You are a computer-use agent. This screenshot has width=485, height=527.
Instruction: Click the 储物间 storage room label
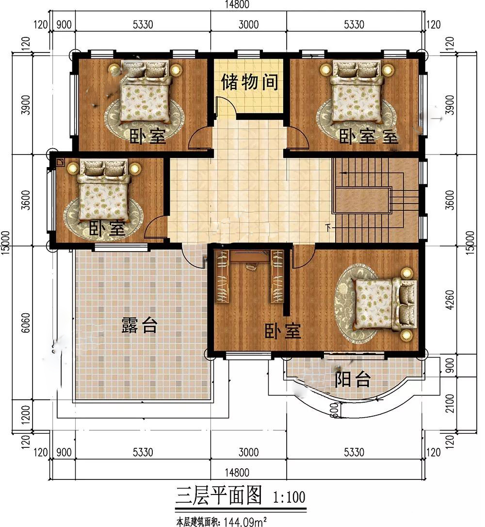(x=249, y=82)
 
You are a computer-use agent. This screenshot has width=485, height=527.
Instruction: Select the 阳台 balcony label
(x=353, y=379)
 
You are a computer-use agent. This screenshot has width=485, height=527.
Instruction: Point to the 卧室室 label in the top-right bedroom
(x=369, y=136)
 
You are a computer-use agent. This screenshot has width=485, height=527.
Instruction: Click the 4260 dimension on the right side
(x=450, y=300)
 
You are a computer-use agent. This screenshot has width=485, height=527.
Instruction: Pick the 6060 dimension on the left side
(x=26, y=323)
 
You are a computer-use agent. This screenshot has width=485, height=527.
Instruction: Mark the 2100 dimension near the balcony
(x=450, y=403)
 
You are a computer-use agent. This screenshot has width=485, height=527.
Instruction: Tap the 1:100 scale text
(x=289, y=497)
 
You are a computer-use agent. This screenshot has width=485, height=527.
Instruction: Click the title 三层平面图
(x=219, y=495)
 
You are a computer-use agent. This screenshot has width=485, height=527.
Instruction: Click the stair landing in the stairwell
(x=362, y=200)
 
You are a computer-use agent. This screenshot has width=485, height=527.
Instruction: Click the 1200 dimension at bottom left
(x=26, y=414)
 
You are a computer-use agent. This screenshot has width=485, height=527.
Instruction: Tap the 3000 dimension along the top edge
(x=249, y=25)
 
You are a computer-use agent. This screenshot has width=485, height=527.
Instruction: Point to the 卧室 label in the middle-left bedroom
(x=107, y=228)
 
